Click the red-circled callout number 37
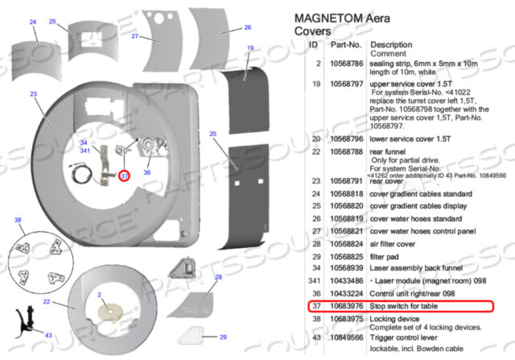125,175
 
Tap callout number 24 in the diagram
33,22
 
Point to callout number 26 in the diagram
237,27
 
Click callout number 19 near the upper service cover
251,48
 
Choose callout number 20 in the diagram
212,134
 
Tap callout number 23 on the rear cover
33,94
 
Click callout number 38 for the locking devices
17,220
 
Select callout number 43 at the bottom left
48,334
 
